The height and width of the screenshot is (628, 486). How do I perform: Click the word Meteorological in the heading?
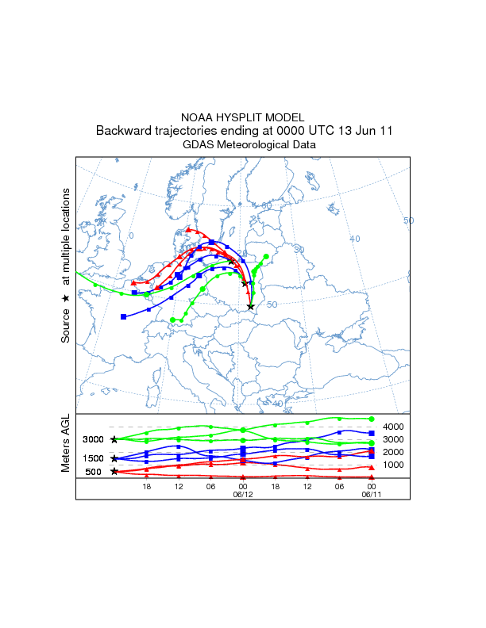(253, 145)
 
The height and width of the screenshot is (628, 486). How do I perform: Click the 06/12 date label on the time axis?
(242, 494)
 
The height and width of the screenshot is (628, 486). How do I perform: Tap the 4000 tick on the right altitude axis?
(395, 427)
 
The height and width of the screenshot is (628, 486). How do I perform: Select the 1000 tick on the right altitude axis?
(395, 465)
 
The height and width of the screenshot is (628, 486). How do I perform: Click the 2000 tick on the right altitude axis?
(395, 452)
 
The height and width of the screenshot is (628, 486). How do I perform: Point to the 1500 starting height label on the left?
(94, 459)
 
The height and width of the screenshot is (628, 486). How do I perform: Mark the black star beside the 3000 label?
(115, 439)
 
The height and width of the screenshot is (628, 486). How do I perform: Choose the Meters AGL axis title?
(66, 445)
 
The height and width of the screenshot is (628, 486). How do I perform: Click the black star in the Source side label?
(66, 298)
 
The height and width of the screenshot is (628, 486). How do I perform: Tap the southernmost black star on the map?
(251, 306)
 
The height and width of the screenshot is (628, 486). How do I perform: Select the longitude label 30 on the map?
(299, 250)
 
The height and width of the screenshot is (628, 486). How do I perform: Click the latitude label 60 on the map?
(267, 205)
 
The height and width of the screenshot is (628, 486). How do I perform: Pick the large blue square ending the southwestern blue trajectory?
(123, 317)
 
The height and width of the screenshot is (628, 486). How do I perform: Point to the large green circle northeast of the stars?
(266, 257)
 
